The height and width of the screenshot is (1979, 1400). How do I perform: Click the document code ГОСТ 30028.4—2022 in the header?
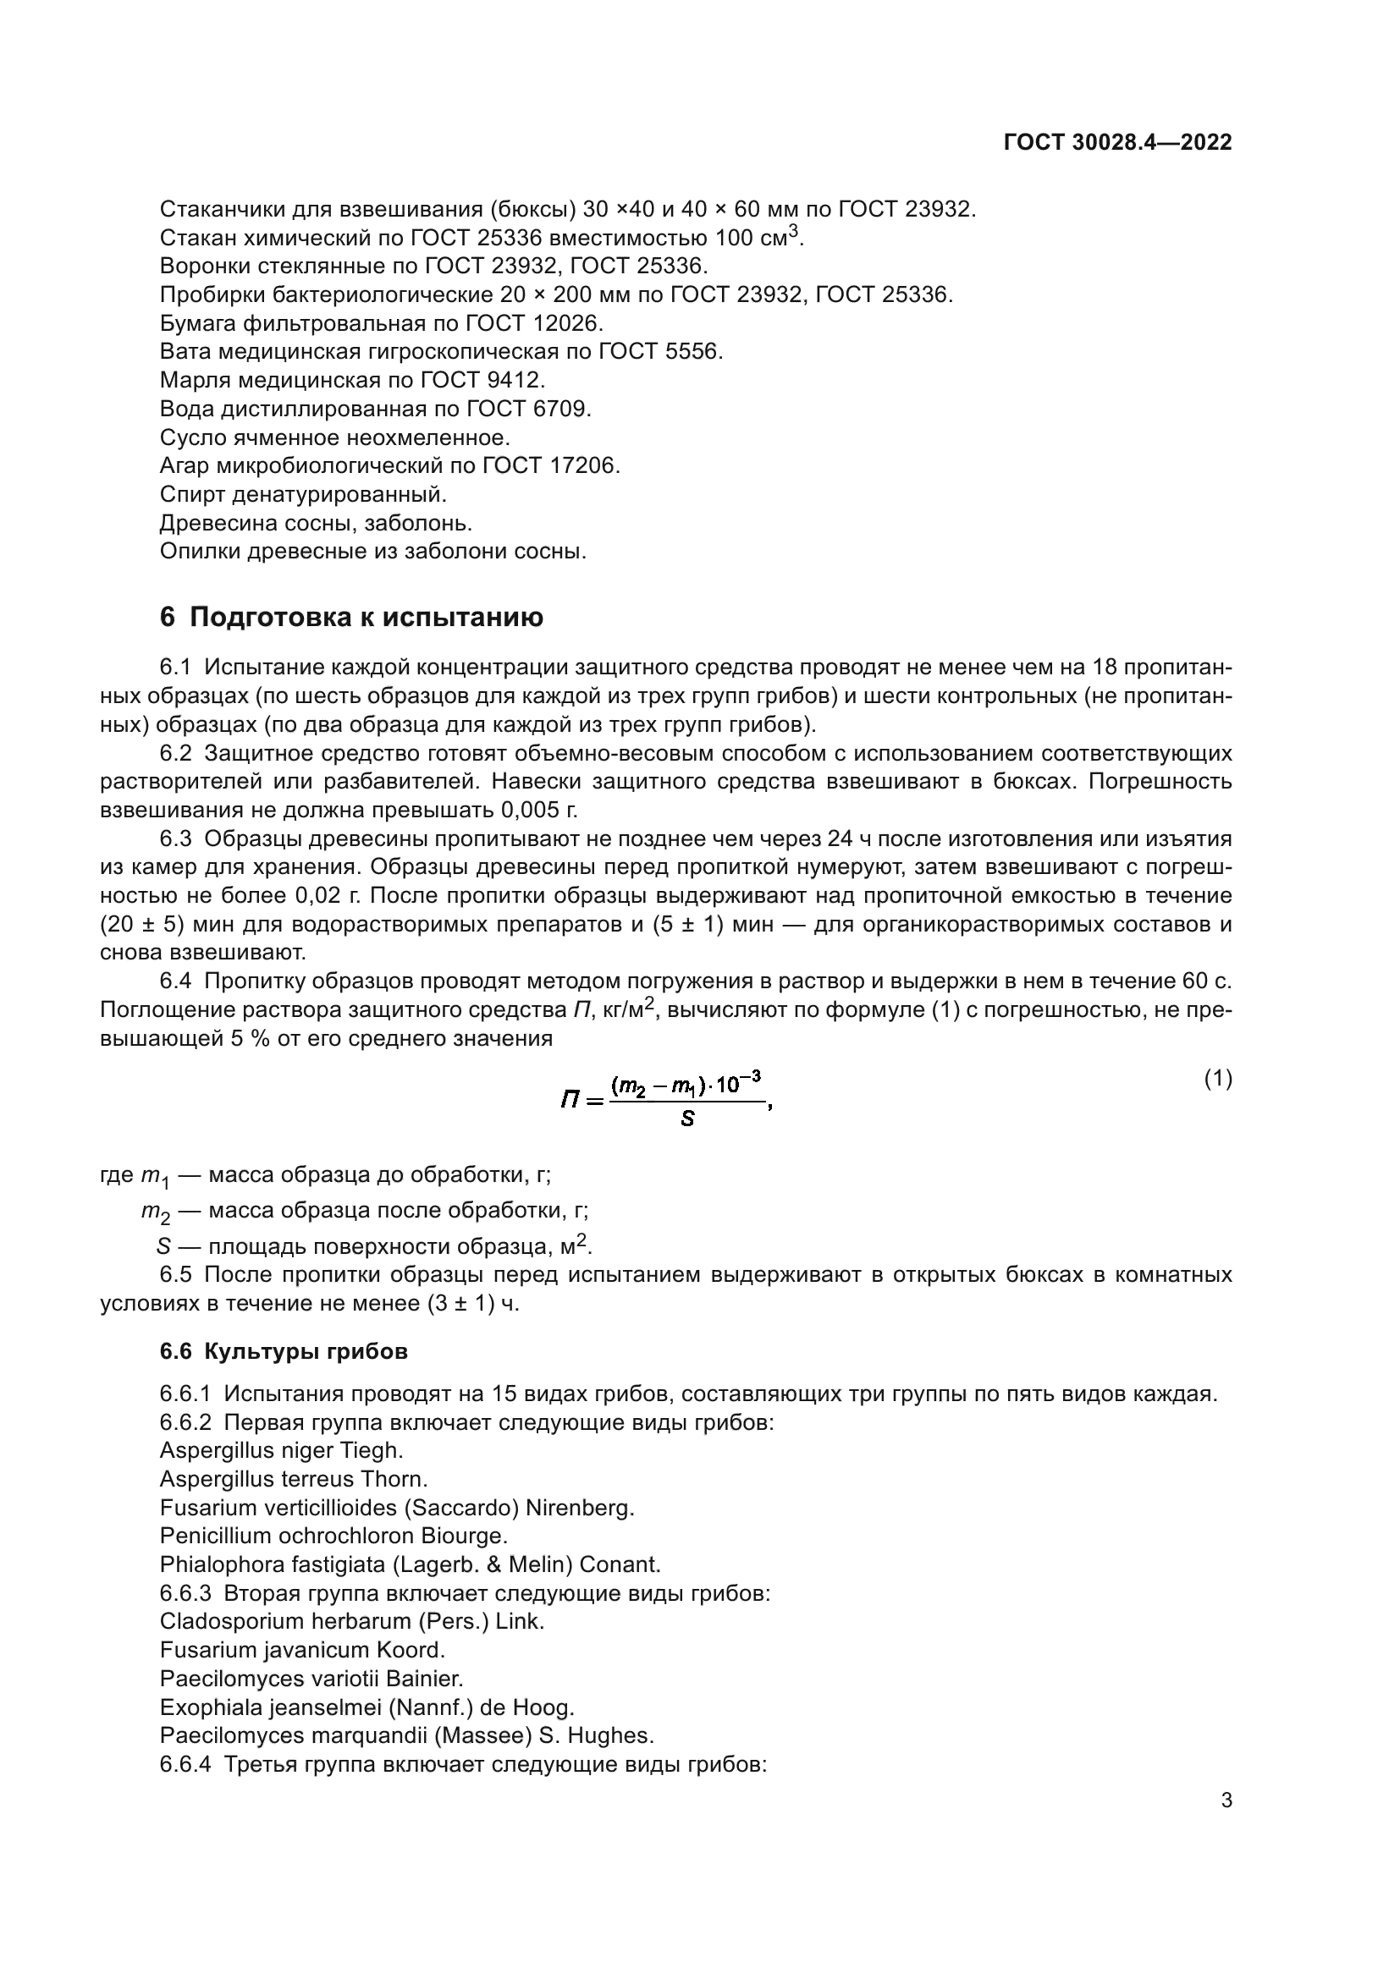[x=1117, y=142]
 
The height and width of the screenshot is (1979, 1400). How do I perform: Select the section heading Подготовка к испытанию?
[x=367, y=617]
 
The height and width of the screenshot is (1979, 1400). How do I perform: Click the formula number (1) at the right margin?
[x=1217, y=1078]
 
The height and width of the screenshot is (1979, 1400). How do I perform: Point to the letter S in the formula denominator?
[x=687, y=1120]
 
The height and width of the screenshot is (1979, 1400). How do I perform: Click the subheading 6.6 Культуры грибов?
[x=284, y=1351]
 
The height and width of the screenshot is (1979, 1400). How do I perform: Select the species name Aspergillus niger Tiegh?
[x=281, y=1451]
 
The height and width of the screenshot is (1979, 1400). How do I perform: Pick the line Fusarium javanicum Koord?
[x=301, y=1650]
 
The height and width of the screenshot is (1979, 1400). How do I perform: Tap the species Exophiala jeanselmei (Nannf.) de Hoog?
[x=367, y=1707]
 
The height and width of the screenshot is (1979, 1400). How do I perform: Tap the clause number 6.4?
[x=178, y=981]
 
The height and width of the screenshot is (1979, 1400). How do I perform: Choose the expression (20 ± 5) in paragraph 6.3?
[x=142, y=925]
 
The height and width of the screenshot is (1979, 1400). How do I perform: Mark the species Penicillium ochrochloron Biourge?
[x=333, y=1536]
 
